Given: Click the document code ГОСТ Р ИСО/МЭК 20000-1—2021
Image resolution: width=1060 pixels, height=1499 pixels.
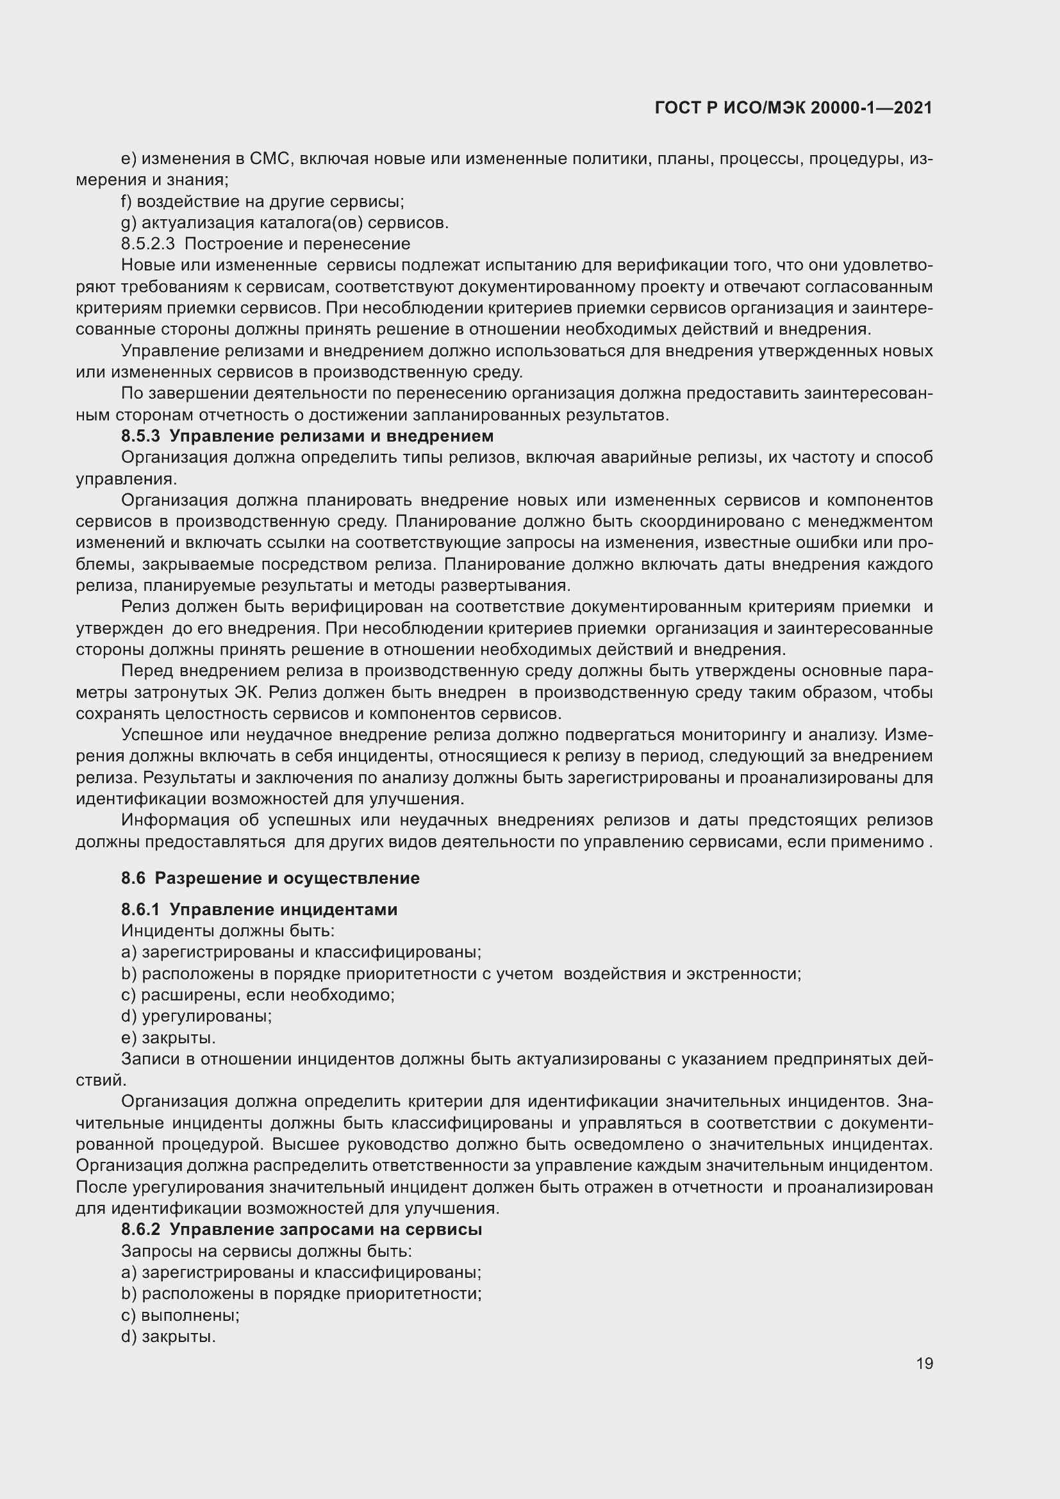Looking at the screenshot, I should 793,108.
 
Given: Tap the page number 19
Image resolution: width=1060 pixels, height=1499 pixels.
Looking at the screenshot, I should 924,1364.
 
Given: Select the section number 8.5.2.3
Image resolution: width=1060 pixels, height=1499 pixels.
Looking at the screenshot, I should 148,244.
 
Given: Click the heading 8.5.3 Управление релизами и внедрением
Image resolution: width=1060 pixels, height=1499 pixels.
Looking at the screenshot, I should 308,435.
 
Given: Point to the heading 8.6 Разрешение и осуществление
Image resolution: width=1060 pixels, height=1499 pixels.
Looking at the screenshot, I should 270,878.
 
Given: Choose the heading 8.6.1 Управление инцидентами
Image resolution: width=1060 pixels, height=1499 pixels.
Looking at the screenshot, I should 259,909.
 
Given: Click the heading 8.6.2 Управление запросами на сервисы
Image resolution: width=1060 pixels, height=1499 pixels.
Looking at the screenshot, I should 302,1229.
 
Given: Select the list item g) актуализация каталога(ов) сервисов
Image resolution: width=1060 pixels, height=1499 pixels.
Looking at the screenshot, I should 285,222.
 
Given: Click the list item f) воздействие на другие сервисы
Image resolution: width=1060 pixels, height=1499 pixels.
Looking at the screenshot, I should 262,201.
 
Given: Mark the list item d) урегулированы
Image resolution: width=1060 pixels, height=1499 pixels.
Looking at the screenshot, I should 197,1016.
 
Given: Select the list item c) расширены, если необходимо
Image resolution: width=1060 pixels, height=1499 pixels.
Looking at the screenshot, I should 258,995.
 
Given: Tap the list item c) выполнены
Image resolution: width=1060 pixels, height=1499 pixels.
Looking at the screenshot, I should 180,1315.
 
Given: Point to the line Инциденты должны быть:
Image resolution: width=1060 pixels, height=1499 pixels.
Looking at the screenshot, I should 228,931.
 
